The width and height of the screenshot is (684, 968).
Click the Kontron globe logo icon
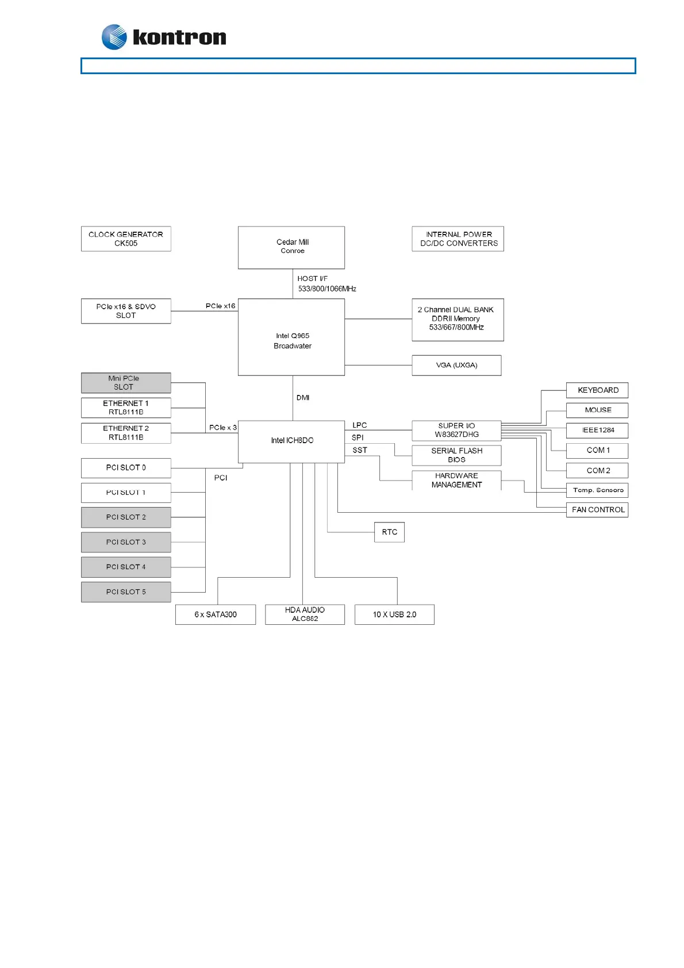point(114,37)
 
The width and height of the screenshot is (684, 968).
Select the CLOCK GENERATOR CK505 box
point(126,239)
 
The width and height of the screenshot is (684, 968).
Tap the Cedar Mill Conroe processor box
point(291,247)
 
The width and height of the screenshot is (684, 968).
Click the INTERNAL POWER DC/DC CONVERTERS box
point(458,239)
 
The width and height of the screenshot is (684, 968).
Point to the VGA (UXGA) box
point(456,365)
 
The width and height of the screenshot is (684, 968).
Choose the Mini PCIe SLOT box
point(126,383)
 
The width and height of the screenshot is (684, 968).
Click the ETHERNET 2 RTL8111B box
point(126,433)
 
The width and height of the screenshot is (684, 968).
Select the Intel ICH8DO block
point(291,441)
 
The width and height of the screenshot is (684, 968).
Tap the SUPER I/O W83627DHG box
point(456,430)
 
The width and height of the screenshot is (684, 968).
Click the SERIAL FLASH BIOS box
point(456,455)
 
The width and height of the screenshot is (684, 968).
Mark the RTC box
point(389,532)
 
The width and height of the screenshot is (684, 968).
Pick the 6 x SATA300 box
point(216,614)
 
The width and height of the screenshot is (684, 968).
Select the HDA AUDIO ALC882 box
point(305,614)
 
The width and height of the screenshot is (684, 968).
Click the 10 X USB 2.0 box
point(394,614)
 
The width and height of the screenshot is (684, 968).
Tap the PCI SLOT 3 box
point(126,542)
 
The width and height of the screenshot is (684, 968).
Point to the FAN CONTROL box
point(597,510)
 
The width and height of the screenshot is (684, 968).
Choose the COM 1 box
point(597,450)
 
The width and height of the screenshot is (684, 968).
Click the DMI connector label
point(303,398)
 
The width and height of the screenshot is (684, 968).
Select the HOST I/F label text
point(312,279)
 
